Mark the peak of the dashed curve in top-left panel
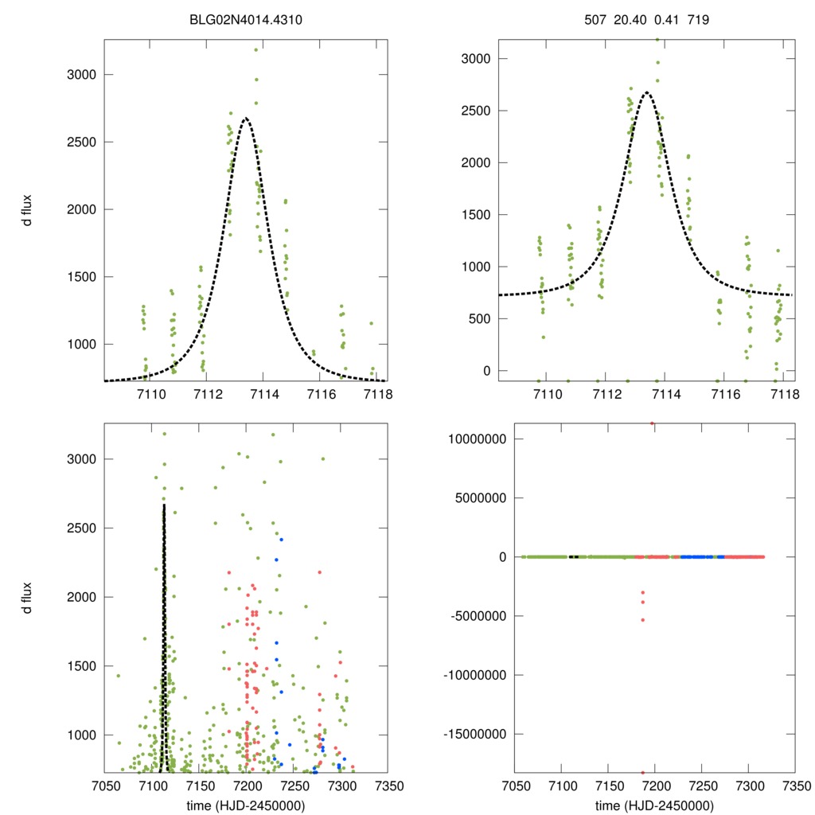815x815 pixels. coord(246,118)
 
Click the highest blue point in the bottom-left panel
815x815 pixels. coord(281,540)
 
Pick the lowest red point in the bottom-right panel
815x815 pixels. coord(642,772)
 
